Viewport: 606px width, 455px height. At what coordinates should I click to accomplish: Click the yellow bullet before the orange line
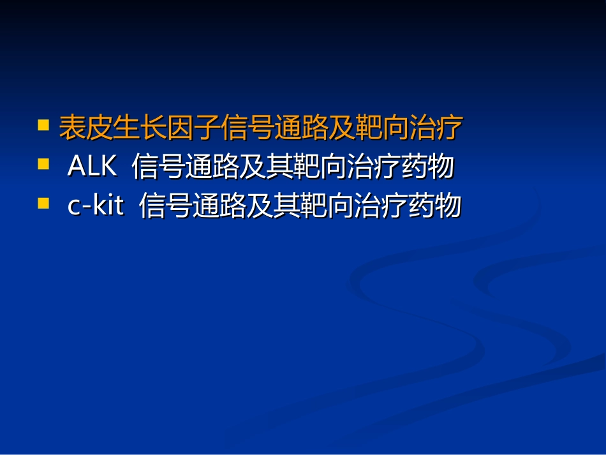tap(43, 124)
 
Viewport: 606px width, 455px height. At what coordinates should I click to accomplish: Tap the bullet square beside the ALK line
tap(43, 164)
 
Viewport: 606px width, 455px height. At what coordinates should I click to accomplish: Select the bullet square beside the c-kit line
tap(43, 204)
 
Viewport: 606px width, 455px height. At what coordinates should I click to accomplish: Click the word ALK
tap(92, 167)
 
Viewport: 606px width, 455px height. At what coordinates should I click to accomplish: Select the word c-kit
tap(96, 207)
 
